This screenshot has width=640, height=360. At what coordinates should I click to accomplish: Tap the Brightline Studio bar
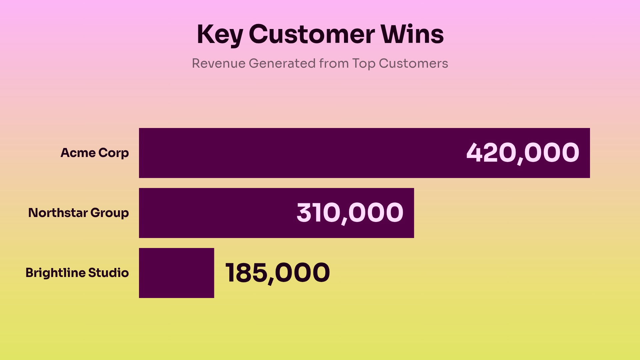click(176, 273)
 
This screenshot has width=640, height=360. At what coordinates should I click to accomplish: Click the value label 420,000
click(523, 153)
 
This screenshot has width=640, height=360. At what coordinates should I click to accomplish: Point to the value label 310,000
click(350, 213)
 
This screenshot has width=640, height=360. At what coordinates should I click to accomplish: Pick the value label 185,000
click(278, 273)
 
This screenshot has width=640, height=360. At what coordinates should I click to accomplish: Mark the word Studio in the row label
click(108, 273)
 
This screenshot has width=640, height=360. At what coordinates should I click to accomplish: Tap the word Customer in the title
click(311, 35)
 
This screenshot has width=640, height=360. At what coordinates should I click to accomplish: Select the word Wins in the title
click(412, 35)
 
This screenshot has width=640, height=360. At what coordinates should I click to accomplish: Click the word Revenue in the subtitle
click(218, 63)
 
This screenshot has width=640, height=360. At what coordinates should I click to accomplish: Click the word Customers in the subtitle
click(413, 63)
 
